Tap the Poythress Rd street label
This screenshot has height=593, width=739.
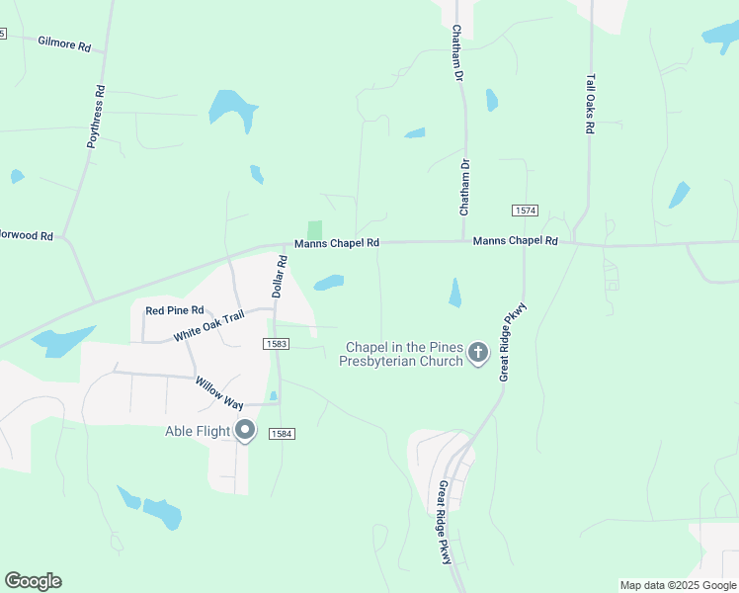[96, 117]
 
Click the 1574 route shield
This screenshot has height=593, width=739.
[525, 211]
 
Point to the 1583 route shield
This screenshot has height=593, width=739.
[276, 343]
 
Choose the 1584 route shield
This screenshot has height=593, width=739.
[282, 433]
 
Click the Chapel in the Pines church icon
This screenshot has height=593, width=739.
[478, 353]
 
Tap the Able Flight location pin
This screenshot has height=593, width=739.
[245, 431]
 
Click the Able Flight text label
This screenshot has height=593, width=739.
[197, 431]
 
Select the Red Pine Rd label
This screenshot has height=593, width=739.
[174, 310]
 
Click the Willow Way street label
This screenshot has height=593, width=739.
[218, 392]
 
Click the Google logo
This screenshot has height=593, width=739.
[33, 581]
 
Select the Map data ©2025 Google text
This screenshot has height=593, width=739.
[678, 585]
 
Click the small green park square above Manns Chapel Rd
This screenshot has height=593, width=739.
[314, 228]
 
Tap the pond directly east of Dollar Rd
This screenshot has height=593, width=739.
[328, 283]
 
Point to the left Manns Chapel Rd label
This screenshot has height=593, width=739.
[336, 243]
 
